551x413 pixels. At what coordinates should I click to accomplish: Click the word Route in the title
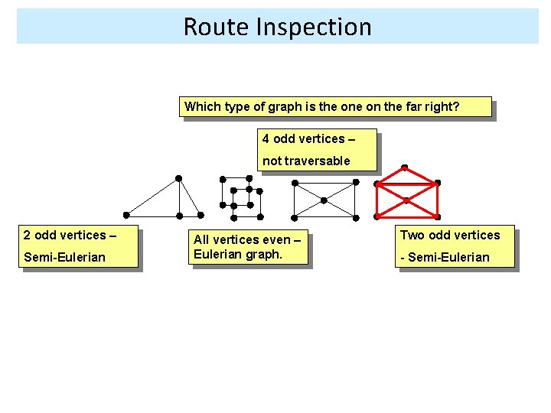tap(210, 27)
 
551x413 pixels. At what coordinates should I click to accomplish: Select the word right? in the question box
tap(442, 106)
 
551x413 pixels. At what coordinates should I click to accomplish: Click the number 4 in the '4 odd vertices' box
tap(266, 138)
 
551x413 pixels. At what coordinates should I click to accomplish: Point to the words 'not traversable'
tap(306, 161)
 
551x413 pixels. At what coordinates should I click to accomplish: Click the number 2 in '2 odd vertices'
tap(27, 235)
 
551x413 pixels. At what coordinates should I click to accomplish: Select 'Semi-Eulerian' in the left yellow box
tap(64, 257)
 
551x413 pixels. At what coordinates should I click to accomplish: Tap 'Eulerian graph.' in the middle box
tap(238, 254)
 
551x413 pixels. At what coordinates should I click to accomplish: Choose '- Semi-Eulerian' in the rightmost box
tap(445, 257)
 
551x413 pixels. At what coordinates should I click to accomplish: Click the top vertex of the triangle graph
tap(178, 178)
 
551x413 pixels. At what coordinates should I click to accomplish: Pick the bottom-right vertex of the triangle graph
tap(201, 215)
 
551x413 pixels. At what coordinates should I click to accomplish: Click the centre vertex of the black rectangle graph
tap(324, 200)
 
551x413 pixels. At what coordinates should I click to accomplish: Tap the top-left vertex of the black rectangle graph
tap(294, 183)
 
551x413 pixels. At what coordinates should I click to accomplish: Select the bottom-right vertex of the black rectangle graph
tap(356, 216)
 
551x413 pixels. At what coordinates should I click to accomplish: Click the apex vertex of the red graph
tap(404, 167)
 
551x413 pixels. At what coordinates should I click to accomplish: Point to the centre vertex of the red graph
tap(406, 200)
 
